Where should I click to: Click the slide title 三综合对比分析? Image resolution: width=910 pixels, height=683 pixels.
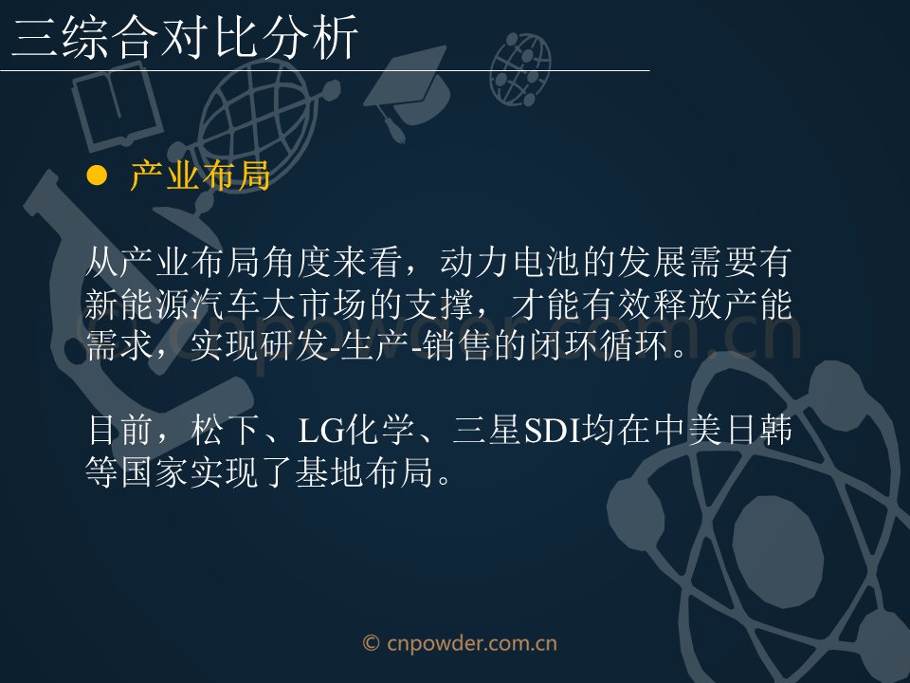point(185,38)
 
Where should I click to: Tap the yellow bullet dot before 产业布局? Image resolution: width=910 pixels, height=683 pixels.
point(97,175)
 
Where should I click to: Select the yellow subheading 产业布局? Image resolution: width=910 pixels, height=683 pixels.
point(201,175)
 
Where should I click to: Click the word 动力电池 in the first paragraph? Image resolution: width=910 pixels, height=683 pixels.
point(510,262)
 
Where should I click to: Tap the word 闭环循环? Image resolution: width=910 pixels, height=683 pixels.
point(599,345)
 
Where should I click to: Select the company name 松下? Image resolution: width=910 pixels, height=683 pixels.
point(225,430)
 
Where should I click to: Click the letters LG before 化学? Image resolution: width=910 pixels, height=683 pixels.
point(320,431)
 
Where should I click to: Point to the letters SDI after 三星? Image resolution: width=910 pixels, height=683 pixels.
point(553,431)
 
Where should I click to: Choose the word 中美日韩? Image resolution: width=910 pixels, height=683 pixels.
point(723,430)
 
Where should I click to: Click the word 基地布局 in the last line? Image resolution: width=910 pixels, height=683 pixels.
point(364,471)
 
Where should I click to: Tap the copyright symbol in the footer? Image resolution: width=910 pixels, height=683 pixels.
point(372,643)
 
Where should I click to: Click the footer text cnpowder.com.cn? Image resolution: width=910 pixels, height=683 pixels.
point(472,644)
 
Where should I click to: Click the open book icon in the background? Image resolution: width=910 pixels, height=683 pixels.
point(116,108)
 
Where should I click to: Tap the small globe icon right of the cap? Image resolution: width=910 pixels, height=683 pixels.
point(520,69)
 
